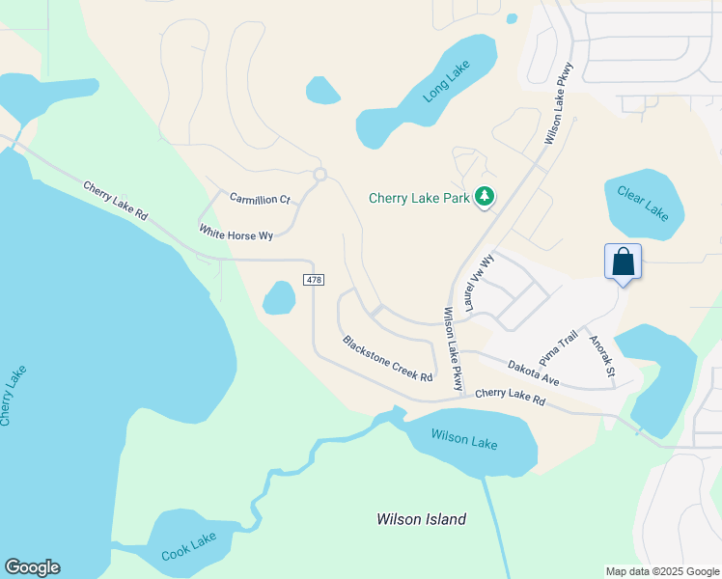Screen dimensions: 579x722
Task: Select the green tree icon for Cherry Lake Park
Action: [x=485, y=198]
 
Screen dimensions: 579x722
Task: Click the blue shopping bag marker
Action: [x=623, y=262]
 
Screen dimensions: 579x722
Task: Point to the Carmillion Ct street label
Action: [x=260, y=198]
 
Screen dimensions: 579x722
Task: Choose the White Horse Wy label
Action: [x=236, y=233]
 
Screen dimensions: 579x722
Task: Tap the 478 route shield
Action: [x=313, y=280]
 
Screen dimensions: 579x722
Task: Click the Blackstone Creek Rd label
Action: [x=387, y=358]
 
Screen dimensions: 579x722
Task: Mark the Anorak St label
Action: [x=600, y=354]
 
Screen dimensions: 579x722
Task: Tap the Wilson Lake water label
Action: [x=464, y=441]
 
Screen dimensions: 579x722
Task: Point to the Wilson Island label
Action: [x=421, y=519]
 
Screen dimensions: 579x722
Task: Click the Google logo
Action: [x=32, y=567]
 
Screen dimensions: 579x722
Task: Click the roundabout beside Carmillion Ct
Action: [x=319, y=175]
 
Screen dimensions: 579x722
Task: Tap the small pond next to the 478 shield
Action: [x=279, y=297]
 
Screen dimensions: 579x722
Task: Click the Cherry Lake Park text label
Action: [x=419, y=199]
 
